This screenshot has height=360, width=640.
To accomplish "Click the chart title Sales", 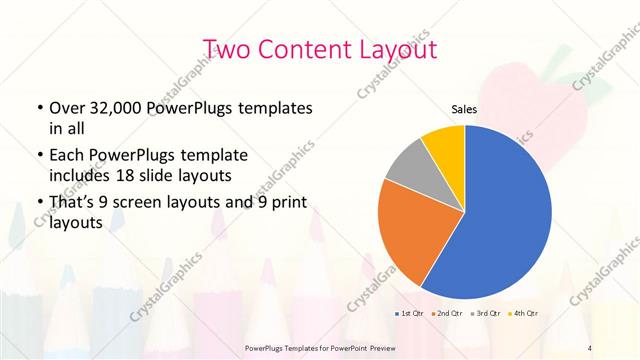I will click(x=464, y=109).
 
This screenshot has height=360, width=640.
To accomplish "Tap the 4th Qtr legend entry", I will click(x=527, y=314).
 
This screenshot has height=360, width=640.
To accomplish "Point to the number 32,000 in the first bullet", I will click(x=125, y=107).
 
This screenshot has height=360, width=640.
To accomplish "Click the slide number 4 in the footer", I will click(x=590, y=347).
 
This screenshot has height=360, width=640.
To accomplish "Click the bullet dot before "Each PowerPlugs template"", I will click(x=39, y=156).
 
